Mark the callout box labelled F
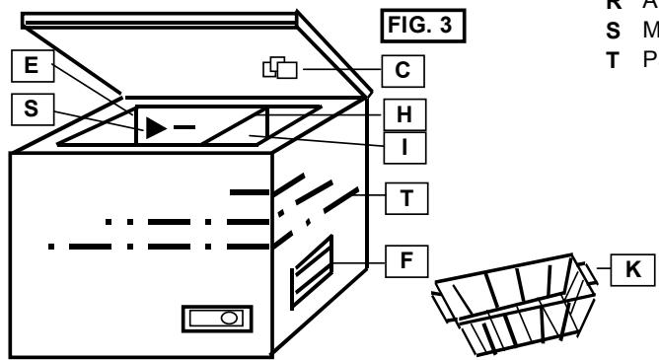[404, 263]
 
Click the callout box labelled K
[631, 268]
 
